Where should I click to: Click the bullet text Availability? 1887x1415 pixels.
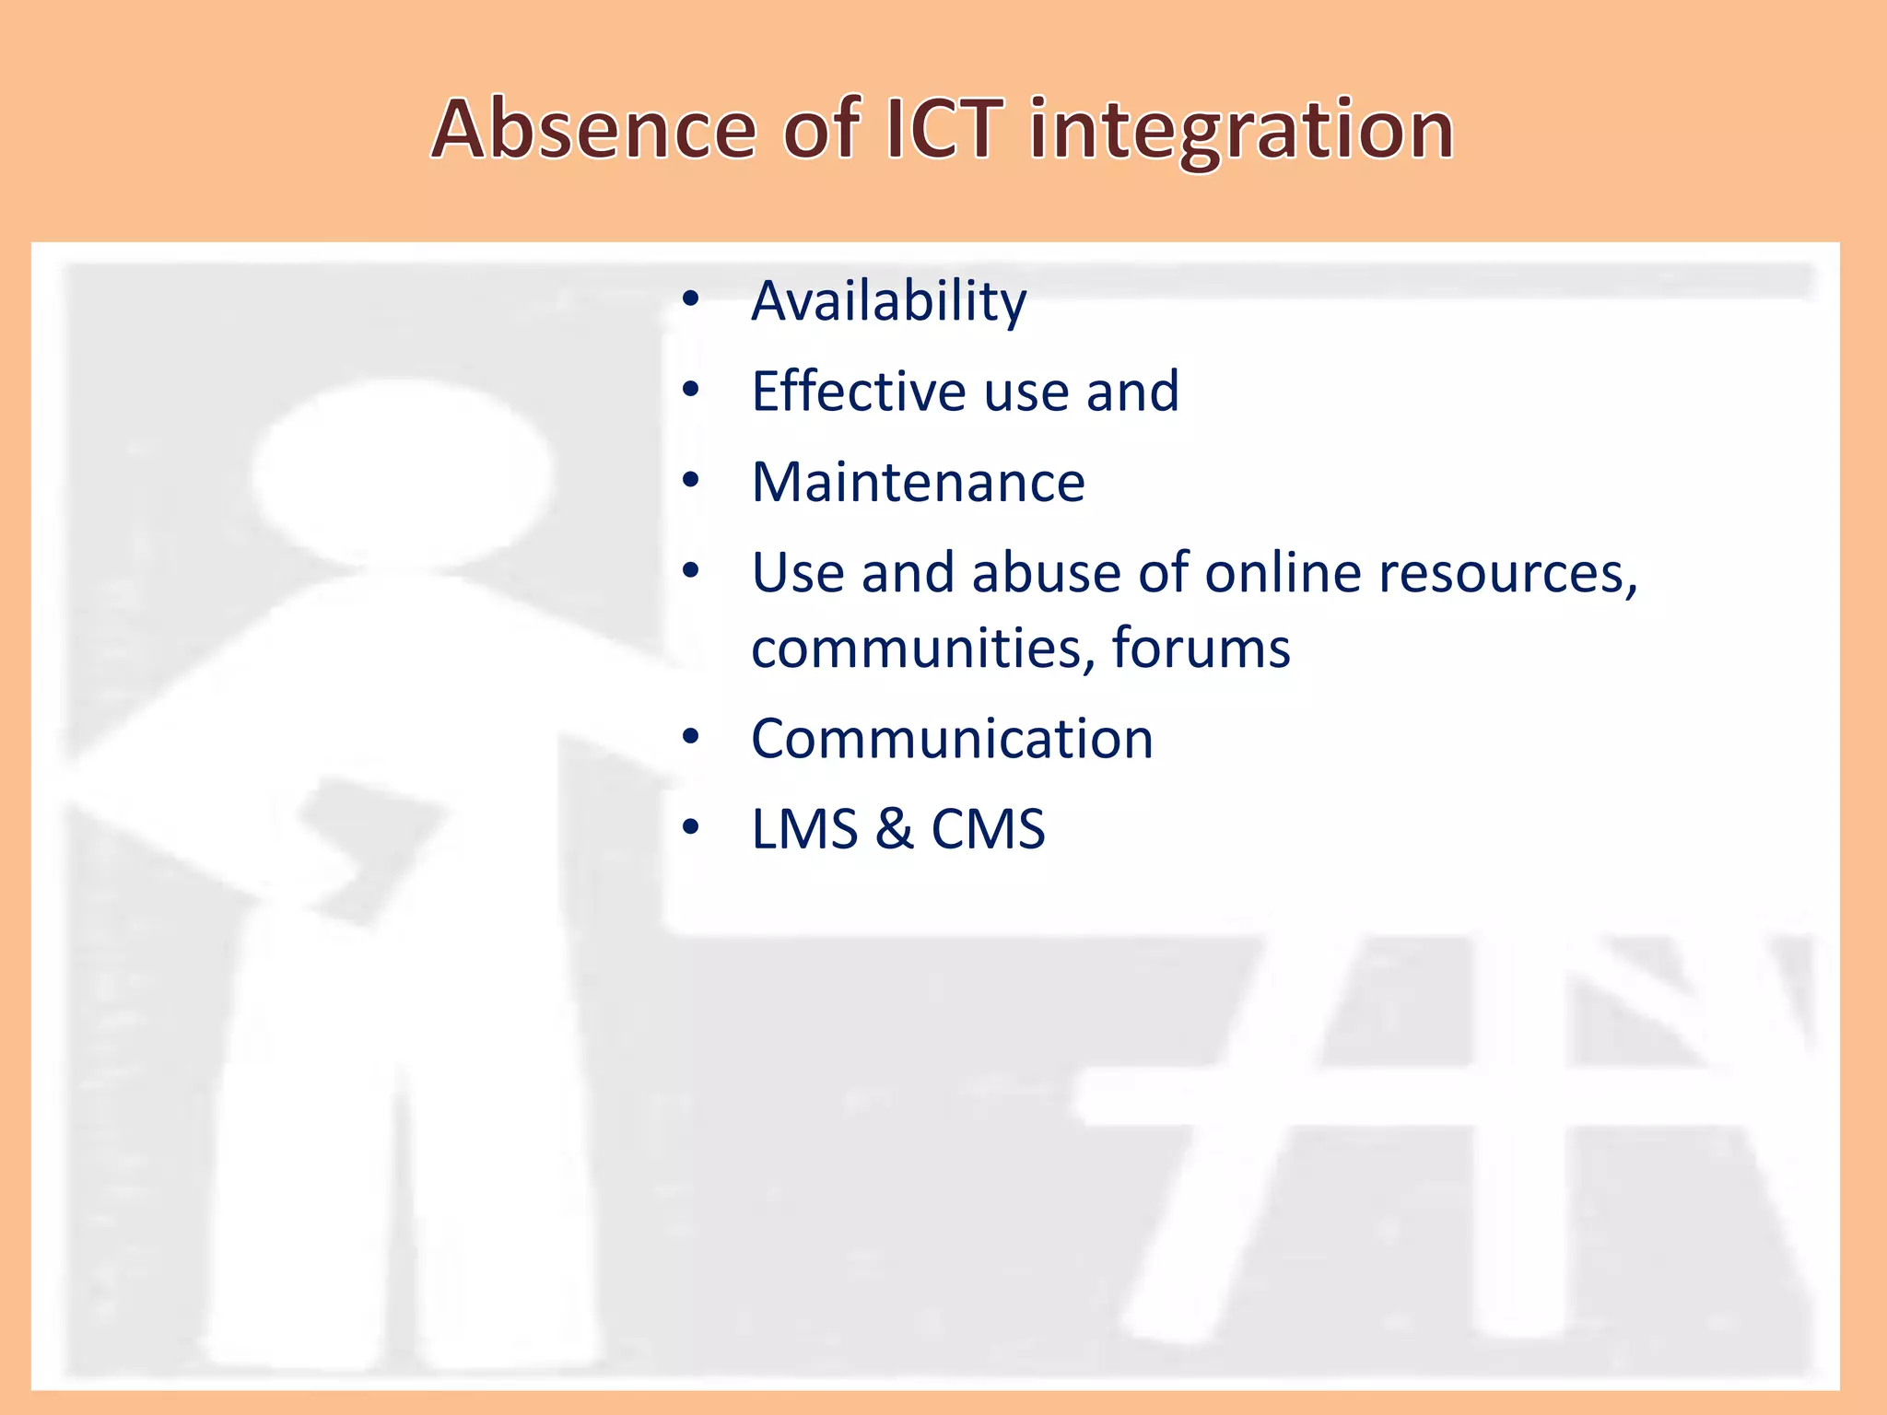888,301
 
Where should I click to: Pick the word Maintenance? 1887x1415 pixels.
918,482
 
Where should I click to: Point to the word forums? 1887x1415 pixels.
1201,648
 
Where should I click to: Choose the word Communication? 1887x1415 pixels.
952,739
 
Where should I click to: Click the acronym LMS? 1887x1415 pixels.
804,829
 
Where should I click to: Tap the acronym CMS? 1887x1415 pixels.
988,829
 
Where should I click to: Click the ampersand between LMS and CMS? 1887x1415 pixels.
894,829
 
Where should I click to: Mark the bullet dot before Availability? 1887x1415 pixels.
691,299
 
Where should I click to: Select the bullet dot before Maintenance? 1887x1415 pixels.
691,480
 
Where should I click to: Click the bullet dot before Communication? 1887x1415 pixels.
691,737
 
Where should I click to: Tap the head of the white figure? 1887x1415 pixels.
403,474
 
